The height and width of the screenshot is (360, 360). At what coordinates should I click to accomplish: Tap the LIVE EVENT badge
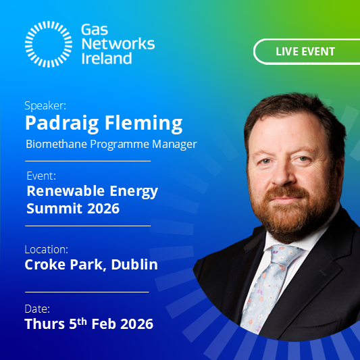coord(305,51)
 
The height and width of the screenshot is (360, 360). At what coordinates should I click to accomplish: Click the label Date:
coord(37,308)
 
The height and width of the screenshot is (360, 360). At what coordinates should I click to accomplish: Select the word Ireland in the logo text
coord(106,58)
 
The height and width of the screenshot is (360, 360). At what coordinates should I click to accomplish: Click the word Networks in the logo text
coord(117,44)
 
